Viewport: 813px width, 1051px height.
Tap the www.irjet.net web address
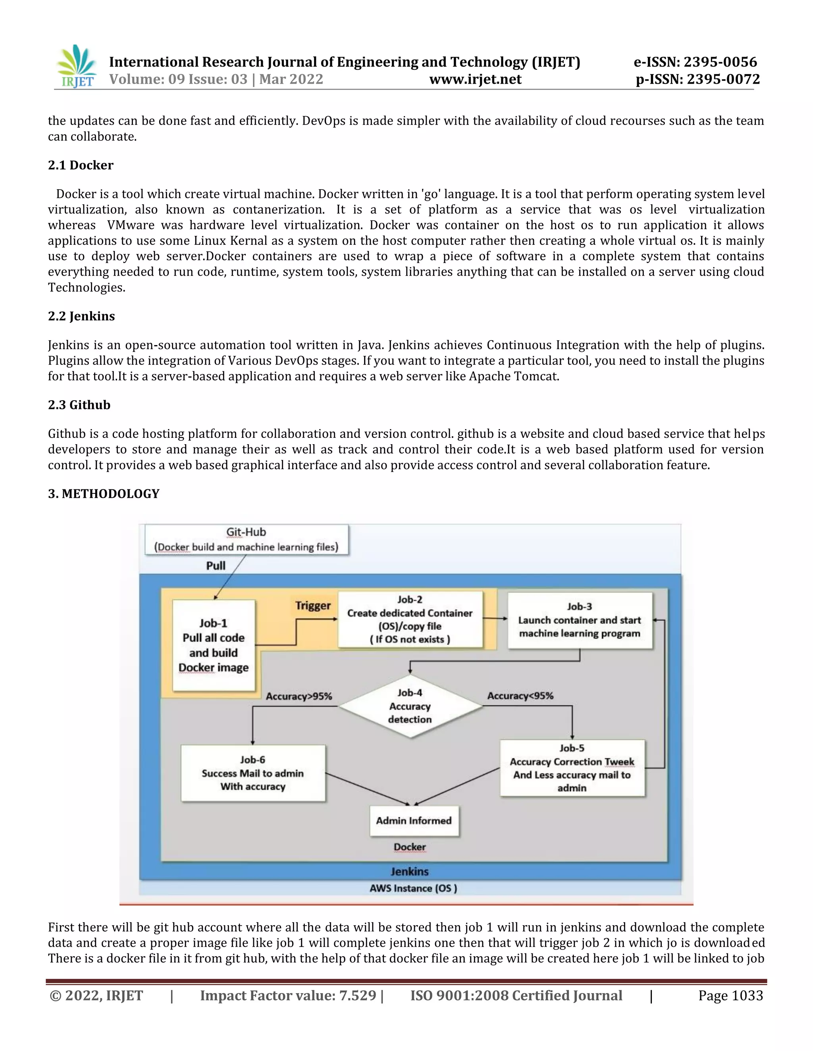(475, 79)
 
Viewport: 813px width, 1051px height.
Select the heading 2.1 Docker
(81, 165)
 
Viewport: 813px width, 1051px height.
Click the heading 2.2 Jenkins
(81, 316)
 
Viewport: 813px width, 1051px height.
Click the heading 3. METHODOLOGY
(104, 494)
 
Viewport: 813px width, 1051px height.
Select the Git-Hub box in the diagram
(246, 539)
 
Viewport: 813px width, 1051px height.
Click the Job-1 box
(213, 645)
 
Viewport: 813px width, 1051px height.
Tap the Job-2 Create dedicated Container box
(410, 619)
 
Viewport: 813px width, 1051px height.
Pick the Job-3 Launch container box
(580, 620)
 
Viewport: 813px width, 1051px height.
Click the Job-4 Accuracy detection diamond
(410, 706)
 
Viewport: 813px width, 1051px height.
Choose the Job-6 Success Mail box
(253, 773)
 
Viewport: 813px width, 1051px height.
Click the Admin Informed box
(414, 821)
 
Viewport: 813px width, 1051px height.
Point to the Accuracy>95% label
(299, 696)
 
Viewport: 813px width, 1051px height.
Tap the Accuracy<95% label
(520, 696)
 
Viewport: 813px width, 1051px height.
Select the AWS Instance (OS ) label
(413, 888)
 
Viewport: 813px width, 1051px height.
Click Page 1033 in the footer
(730, 995)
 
